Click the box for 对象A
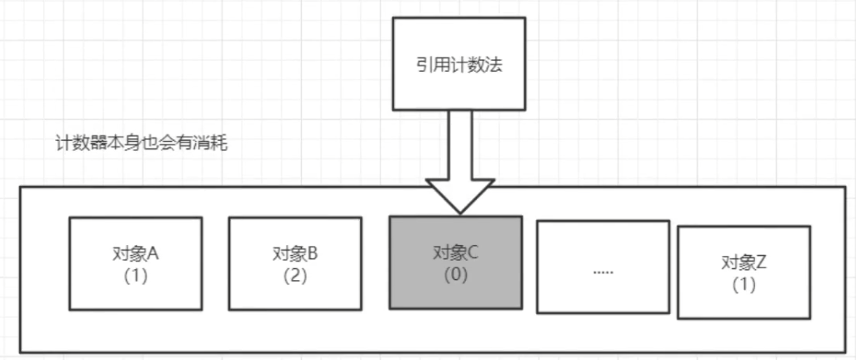tap(135, 287)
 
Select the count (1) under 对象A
tap(135, 276)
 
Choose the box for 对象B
tap(295, 287)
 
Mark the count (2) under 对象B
tap(295, 276)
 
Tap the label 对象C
tap(456, 252)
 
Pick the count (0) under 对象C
tap(456, 274)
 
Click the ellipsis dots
tap(603, 272)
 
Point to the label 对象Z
tap(743, 262)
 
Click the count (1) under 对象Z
tap(743, 284)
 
